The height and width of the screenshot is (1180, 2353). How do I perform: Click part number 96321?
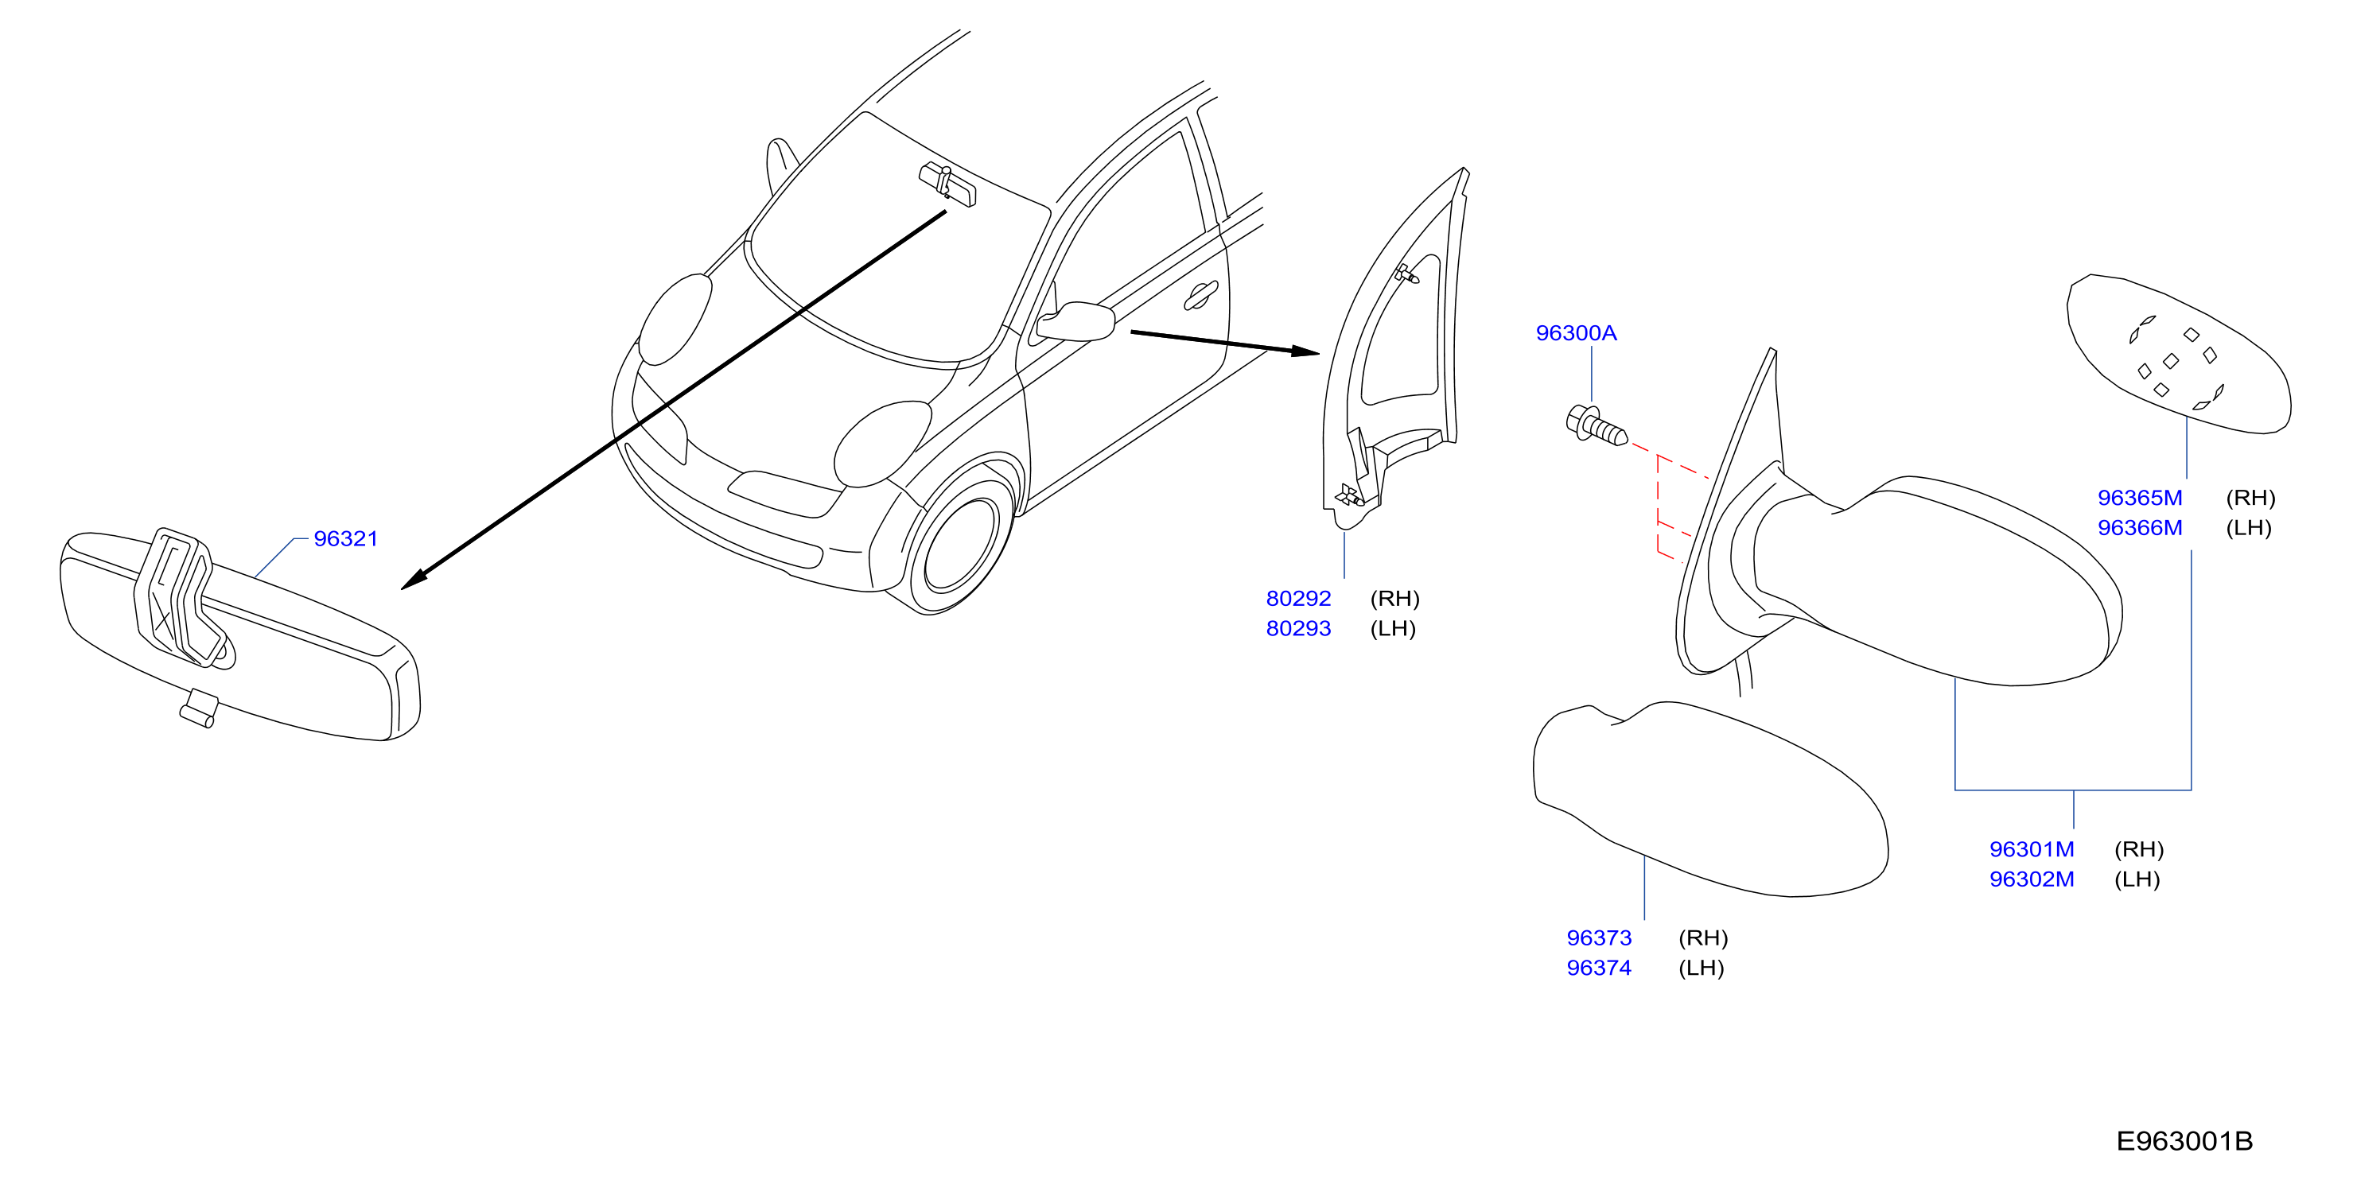[x=345, y=539]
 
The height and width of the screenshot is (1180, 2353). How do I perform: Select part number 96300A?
[x=1576, y=333]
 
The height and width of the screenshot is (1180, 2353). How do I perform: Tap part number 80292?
[x=1298, y=599]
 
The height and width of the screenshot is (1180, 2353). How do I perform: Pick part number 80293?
[x=1298, y=629]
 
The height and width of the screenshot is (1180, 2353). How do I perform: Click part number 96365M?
[x=2139, y=499]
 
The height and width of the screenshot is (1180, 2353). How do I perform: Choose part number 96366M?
[x=2139, y=529]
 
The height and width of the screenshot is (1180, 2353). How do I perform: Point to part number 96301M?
[x=2032, y=850]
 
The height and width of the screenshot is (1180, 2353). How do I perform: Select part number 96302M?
[x=2032, y=880]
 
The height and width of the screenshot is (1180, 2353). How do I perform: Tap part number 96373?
[x=1599, y=939]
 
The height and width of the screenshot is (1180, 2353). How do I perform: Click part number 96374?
[x=1599, y=969]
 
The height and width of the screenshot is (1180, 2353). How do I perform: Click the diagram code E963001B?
[x=2184, y=1142]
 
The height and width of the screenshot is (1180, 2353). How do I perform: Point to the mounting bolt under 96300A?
[x=1596, y=425]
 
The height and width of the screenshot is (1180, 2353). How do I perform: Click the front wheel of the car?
[x=959, y=546]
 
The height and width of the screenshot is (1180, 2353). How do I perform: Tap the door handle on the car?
[x=1201, y=294]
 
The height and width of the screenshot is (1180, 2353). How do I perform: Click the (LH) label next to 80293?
[x=1393, y=629]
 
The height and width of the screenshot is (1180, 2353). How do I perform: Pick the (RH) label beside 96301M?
[x=2138, y=850]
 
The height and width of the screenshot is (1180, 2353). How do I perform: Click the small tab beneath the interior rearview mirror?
[x=198, y=708]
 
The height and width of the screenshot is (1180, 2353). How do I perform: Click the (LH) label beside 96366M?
[x=2248, y=529]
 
